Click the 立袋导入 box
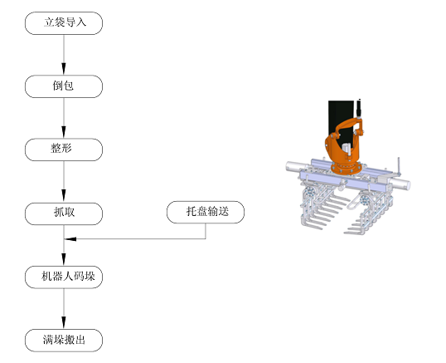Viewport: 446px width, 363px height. pyautogui.click(x=64, y=23)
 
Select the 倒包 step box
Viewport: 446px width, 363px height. pyautogui.click(x=64, y=86)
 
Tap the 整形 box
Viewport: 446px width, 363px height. pyautogui.click(x=64, y=150)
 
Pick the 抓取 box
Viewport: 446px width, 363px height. pyautogui.click(x=64, y=213)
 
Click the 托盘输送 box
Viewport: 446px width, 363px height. pyautogui.click(x=206, y=212)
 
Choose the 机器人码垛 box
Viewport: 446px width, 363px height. pyautogui.click(x=64, y=277)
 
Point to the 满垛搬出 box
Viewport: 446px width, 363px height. pyautogui.click(x=64, y=341)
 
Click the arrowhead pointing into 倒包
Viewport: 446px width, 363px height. pyautogui.click(x=64, y=69)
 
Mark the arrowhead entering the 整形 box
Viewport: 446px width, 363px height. pyautogui.click(x=64, y=133)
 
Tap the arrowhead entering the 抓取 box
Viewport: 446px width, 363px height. pyautogui.click(x=64, y=197)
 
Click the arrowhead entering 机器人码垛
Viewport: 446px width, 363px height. pyautogui.click(x=64, y=260)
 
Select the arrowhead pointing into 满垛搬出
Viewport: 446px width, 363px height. pyautogui.click(x=64, y=323)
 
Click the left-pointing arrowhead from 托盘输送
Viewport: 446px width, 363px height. pyautogui.click(x=70, y=238)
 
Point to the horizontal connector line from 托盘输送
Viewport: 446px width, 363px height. pyautogui.click(x=135, y=238)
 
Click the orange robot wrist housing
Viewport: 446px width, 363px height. pyautogui.click(x=343, y=143)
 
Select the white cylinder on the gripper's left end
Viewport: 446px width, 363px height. pyautogui.click(x=296, y=166)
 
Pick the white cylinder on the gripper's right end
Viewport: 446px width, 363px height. pyautogui.click(x=401, y=184)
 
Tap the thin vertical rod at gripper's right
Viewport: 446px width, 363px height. pyautogui.click(x=399, y=166)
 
